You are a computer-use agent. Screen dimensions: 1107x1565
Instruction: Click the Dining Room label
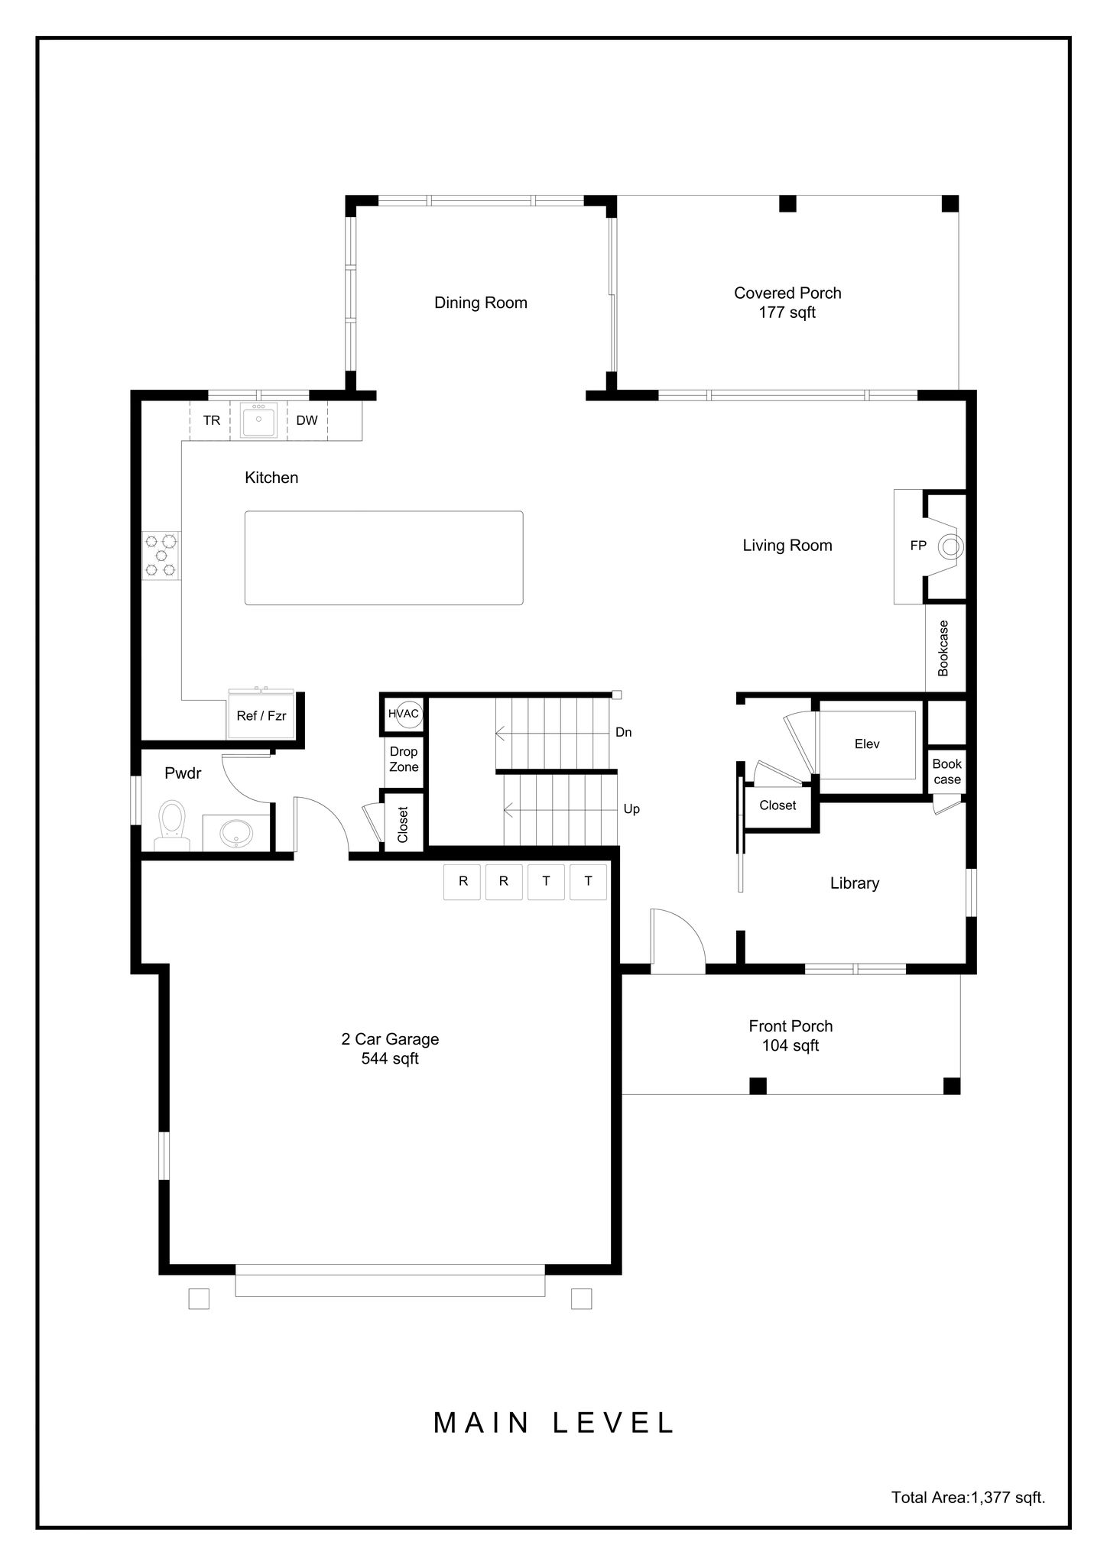[x=481, y=303]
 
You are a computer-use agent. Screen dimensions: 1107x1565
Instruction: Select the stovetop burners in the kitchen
[x=161, y=555]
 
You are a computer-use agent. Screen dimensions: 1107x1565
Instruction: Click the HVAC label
[x=404, y=714]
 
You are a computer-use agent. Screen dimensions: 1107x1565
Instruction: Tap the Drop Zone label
[x=404, y=760]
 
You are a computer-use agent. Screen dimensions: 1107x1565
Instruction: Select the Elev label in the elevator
[x=867, y=744]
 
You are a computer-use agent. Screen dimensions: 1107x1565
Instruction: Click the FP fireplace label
[x=918, y=546]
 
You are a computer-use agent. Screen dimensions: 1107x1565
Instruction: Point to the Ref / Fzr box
[x=261, y=715]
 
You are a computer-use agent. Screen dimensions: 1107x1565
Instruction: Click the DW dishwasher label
[x=307, y=420]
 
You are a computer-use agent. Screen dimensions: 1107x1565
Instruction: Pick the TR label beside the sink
[x=212, y=420]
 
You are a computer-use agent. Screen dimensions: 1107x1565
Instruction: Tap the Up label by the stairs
[x=631, y=809]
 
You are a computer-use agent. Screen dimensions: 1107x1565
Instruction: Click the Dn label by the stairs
[x=624, y=732]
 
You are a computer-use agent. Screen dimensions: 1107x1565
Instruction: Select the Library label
[x=855, y=883]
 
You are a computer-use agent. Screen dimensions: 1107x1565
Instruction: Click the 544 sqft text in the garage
[x=390, y=1058]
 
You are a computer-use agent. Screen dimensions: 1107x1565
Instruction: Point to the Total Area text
[x=968, y=1498]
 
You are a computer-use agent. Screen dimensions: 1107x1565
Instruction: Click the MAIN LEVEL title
[x=553, y=1422]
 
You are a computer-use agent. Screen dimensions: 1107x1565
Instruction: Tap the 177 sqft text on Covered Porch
[x=787, y=313]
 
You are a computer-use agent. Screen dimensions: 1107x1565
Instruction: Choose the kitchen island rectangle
[x=384, y=558]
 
